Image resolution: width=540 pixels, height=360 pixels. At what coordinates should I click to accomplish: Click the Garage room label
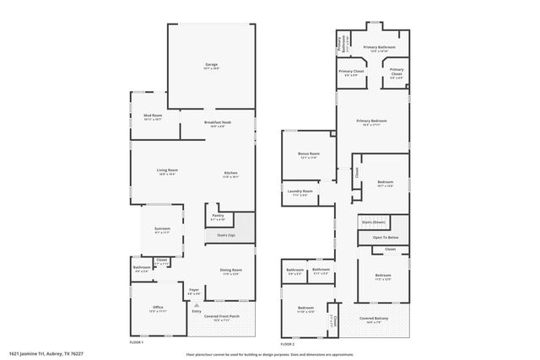coord(211,65)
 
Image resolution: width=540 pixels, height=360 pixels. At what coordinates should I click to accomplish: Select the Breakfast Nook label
coord(218,123)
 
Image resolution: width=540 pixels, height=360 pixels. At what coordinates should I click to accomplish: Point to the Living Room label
coord(166,171)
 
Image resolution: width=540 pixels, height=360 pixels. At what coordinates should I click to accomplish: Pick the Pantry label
coord(218,216)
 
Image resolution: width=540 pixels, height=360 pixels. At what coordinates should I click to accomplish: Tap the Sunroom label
coord(162,229)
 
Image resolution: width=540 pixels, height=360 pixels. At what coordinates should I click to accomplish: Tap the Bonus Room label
coord(309,154)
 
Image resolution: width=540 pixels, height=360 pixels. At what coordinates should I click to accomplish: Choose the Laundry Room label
coord(301,192)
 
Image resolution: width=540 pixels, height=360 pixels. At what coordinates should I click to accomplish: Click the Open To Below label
coord(385,238)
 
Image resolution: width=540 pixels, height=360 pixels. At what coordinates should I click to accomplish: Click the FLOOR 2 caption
coord(288,344)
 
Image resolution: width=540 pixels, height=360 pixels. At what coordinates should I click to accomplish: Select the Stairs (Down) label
coord(385,221)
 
